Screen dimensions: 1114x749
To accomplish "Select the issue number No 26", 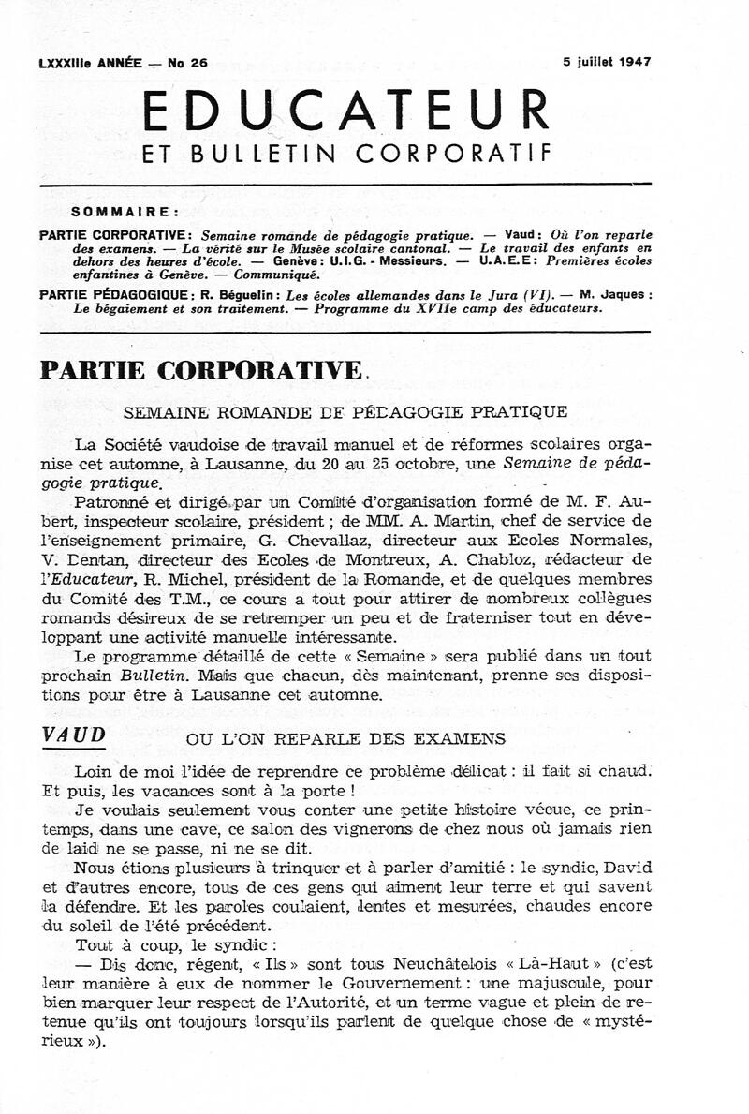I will (187, 63).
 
